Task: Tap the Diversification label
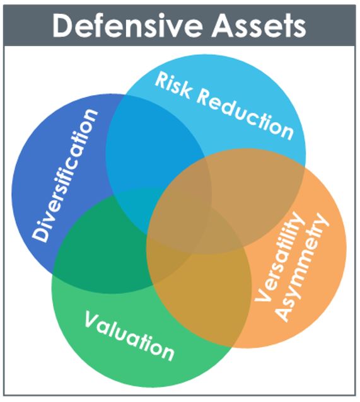click(x=65, y=176)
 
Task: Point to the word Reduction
click(x=245, y=116)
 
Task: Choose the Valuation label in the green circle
click(x=130, y=336)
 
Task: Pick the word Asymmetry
click(x=302, y=267)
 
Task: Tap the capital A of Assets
click(x=223, y=25)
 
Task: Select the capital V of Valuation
click(x=93, y=319)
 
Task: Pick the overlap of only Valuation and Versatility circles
click(x=206, y=295)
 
